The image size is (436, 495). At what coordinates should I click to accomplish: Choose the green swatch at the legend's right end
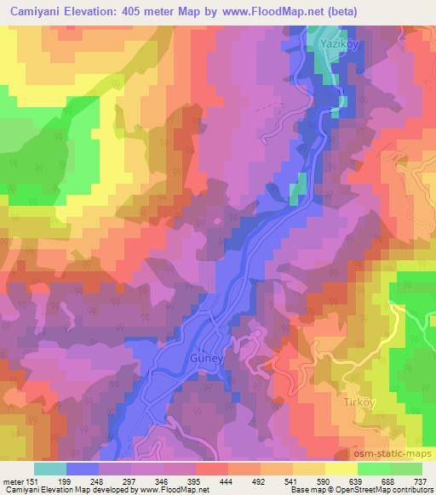click(405, 469)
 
